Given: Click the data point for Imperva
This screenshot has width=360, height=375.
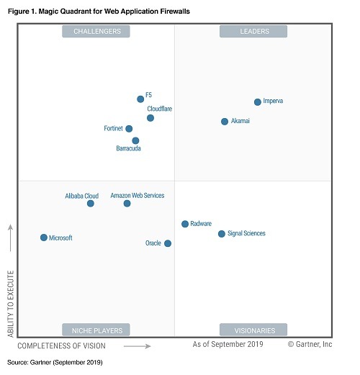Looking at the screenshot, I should [x=257, y=102].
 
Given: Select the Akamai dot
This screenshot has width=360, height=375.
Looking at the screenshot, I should [x=225, y=122].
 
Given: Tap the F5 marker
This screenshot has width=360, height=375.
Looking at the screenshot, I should [x=140, y=99].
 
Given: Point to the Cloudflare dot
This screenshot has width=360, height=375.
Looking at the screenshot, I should [x=150, y=118].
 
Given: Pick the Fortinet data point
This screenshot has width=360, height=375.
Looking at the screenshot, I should [x=129, y=129].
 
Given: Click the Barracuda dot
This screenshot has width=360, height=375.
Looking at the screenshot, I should [x=135, y=141].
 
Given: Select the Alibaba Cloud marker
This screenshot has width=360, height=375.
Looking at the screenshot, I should [x=91, y=204].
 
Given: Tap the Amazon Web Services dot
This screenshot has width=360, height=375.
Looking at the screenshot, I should [x=127, y=204].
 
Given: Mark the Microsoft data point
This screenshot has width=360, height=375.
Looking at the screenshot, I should [x=44, y=238].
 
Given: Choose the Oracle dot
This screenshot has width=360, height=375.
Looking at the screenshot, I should [x=168, y=243].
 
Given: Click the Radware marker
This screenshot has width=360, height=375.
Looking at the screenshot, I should [x=185, y=224].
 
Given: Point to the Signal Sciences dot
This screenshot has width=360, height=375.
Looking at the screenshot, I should [x=222, y=234].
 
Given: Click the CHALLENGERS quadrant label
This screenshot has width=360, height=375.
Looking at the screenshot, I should [x=96, y=31].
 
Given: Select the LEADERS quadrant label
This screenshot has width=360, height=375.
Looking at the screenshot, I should [x=254, y=31].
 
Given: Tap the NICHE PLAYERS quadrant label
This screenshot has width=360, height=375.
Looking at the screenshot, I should [x=96, y=330].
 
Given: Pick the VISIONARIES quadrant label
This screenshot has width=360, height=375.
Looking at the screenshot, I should [x=254, y=330].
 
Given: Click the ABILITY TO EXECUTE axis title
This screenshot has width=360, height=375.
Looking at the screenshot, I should [x=11, y=303].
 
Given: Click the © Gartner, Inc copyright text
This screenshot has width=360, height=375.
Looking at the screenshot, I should [x=310, y=345].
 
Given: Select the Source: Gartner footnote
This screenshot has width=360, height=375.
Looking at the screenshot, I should [x=55, y=362].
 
